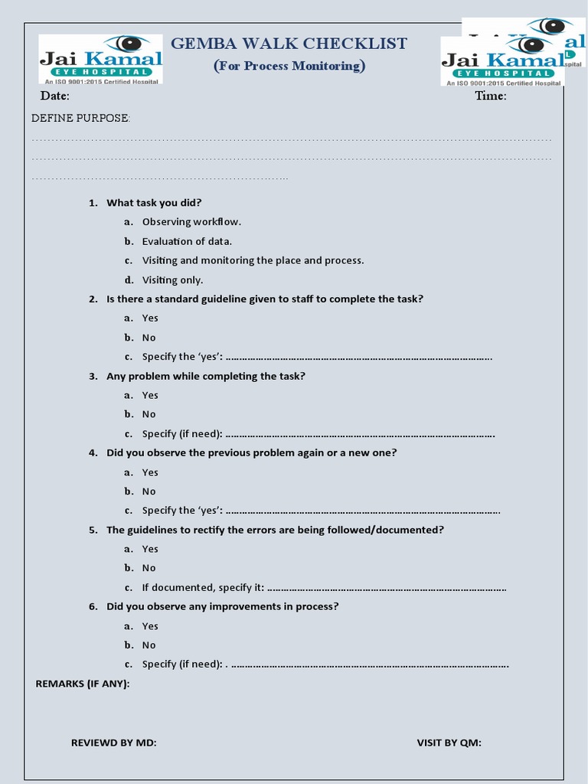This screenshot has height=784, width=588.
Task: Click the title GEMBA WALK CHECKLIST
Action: (x=289, y=44)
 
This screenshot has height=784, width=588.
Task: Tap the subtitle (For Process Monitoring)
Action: (x=289, y=66)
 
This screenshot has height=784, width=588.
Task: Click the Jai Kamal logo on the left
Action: (x=101, y=59)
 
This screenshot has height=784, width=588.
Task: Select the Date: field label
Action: (x=55, y=96)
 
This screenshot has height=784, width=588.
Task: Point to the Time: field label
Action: (x=491, y=96)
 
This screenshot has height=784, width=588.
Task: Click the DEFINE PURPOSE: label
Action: (x=80, y=118)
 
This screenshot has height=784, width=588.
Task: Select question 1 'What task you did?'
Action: (x=154, y=203)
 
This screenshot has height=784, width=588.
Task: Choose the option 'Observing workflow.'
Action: (x=191, y=222)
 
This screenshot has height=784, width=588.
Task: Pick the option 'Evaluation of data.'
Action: (x=187, y=241)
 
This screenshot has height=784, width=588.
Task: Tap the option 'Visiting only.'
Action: (x=172, y=279)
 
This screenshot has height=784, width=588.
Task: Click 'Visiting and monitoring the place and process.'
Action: (x=253, y=260)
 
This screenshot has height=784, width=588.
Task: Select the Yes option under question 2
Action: (x=150, y=318)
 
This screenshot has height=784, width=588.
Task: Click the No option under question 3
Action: (x=149, y=414)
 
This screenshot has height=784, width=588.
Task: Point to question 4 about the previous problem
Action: (x=251, y=452)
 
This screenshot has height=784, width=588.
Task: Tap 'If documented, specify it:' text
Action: (x=203, y=587)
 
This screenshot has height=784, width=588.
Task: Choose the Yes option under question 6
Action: (x=150, y=626)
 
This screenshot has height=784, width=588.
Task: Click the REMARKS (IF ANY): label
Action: (x=83, y=683)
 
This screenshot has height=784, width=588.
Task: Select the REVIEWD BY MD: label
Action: (x=113, y=743)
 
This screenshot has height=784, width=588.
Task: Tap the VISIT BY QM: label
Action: (x=449, y=743)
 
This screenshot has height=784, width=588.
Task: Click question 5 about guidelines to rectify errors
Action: (x=275, y=530)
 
